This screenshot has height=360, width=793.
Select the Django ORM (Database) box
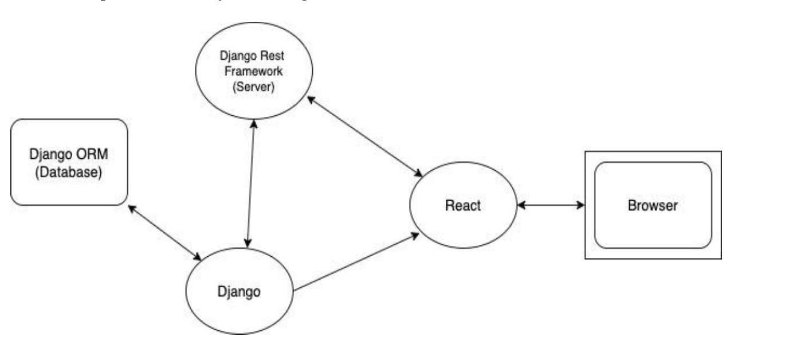click(69, 162)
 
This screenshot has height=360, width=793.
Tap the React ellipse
click(463, 205)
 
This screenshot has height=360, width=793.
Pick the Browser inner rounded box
click(653, 205)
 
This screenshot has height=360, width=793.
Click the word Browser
click(653, 205)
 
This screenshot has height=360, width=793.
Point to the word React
click(463, 205)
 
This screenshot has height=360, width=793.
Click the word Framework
click(253, 73)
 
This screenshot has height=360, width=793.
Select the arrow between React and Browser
click(551, 205)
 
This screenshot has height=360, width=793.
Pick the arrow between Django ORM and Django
click(164, 232)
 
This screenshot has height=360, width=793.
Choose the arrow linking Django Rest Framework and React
click(364, 135)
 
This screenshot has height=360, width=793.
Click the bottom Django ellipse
click(239, 291)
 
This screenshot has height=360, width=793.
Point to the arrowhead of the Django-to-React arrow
click(414, 234)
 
